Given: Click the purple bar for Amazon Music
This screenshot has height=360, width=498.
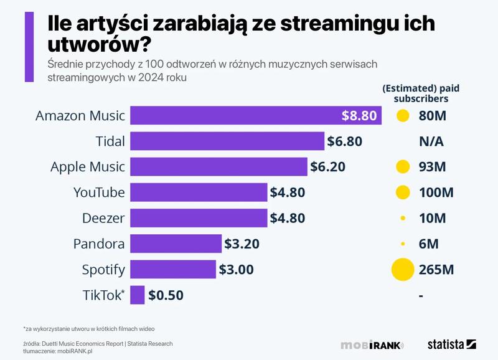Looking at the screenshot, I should click(255, 116).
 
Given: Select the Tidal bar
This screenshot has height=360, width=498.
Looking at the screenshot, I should click(227, 141).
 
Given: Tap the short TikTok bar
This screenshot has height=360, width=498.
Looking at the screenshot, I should click(138, 295).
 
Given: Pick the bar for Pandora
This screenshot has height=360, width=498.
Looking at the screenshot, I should click(176, 244).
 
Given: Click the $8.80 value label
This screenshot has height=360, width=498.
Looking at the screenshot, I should click(359, 116).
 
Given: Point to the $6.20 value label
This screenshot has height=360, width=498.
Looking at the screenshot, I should click(327, 167).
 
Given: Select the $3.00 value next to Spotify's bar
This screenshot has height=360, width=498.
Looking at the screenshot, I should click(236, 270).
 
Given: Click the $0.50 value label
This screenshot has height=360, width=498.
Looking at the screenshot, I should click(166, 295).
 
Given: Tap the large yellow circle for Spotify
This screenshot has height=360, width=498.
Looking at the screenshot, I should click(403, 270).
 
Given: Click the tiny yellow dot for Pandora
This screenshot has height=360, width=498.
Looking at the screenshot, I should click(403, 244).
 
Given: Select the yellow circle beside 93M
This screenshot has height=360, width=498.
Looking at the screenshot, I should click(403, 167).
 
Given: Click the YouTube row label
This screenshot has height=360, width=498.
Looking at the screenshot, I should click(99, 192).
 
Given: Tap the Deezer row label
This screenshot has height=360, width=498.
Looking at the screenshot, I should click(103, 218).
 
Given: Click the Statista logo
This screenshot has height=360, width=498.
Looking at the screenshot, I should click(451, 344).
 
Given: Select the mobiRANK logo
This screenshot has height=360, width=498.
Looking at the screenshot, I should click(372, 345).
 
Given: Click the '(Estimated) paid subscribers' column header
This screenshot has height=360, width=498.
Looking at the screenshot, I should click(415, 93).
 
